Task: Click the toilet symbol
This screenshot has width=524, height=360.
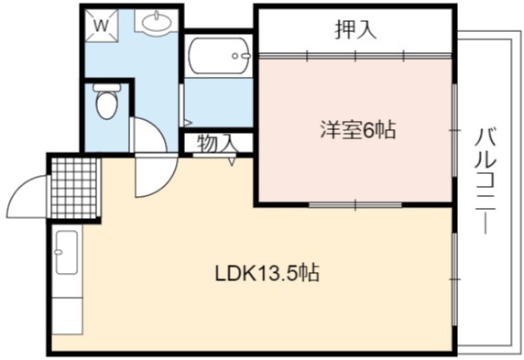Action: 106,101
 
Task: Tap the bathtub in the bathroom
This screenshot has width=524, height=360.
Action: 219,56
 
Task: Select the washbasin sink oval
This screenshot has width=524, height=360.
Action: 157,22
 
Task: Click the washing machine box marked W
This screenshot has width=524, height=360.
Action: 102,26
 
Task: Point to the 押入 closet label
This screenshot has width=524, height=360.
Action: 355,30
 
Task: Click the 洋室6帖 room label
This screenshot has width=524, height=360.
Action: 358,130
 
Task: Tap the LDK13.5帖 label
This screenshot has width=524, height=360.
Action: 267,273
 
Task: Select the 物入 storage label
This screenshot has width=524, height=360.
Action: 217,144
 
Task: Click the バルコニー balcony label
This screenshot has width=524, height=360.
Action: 486,180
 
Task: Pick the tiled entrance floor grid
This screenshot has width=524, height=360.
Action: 74,188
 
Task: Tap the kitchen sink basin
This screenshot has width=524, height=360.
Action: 67,253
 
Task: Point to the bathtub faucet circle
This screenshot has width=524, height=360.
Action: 235,56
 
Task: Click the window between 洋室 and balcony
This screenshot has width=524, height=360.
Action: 454,130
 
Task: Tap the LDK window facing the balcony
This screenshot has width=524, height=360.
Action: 454,279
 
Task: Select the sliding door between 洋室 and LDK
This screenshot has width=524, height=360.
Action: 355,204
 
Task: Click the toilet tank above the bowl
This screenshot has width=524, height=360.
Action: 107,87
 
